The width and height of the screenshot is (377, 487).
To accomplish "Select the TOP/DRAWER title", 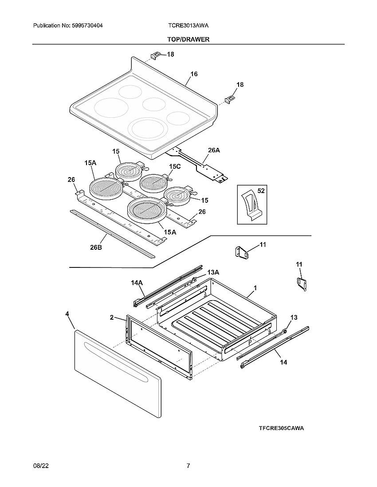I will point(188,39).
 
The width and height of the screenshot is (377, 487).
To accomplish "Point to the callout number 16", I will point(194,74).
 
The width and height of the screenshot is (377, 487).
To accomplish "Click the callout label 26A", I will point(214,150).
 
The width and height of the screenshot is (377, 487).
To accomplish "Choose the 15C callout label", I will point(175,166).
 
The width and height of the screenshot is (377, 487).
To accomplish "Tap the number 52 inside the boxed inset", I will point(261,191).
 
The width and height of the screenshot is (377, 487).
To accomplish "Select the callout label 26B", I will point(96,247).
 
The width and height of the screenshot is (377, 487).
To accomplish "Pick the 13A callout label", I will point(213,272).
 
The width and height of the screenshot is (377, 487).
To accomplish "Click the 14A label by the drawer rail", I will point(137,282).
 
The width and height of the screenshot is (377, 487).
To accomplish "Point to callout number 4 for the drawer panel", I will point(67,313).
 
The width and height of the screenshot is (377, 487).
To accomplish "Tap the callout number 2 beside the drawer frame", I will point(112,317).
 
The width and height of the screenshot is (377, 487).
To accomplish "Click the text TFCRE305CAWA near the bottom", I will point(282,428).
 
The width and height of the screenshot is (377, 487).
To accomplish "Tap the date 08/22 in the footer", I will point(40,466).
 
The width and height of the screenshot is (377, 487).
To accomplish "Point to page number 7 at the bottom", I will point(188,466).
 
